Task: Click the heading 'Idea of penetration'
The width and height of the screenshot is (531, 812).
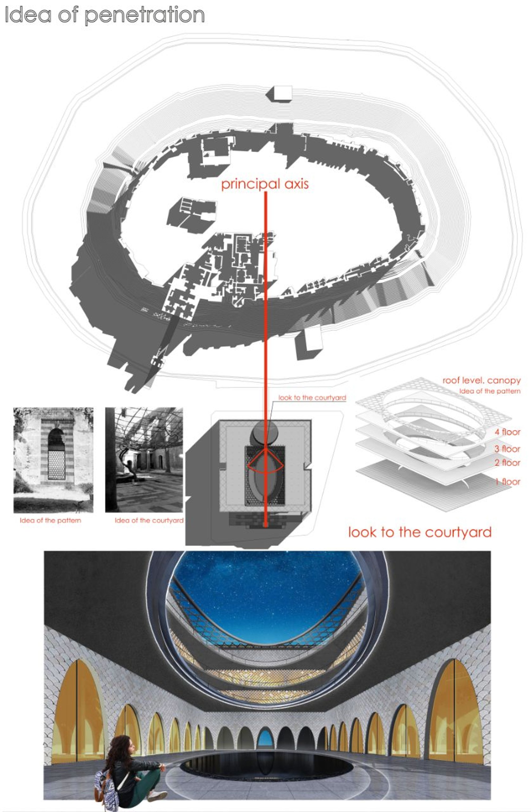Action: (105, 15)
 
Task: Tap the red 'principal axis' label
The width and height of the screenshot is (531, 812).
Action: (265, 184)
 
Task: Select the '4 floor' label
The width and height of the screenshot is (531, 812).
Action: (507, 432)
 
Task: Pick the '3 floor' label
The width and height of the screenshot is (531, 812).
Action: (507, 449)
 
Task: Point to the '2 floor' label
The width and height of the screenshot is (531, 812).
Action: (507, 463)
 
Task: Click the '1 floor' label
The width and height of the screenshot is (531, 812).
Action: (508, 482)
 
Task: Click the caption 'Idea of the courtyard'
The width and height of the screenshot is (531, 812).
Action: (149, 520)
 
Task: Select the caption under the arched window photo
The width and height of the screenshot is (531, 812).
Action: (50, 520)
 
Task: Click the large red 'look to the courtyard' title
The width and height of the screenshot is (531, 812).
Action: (420, 532)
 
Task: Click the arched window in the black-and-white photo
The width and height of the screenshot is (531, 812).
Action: (56, 454)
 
